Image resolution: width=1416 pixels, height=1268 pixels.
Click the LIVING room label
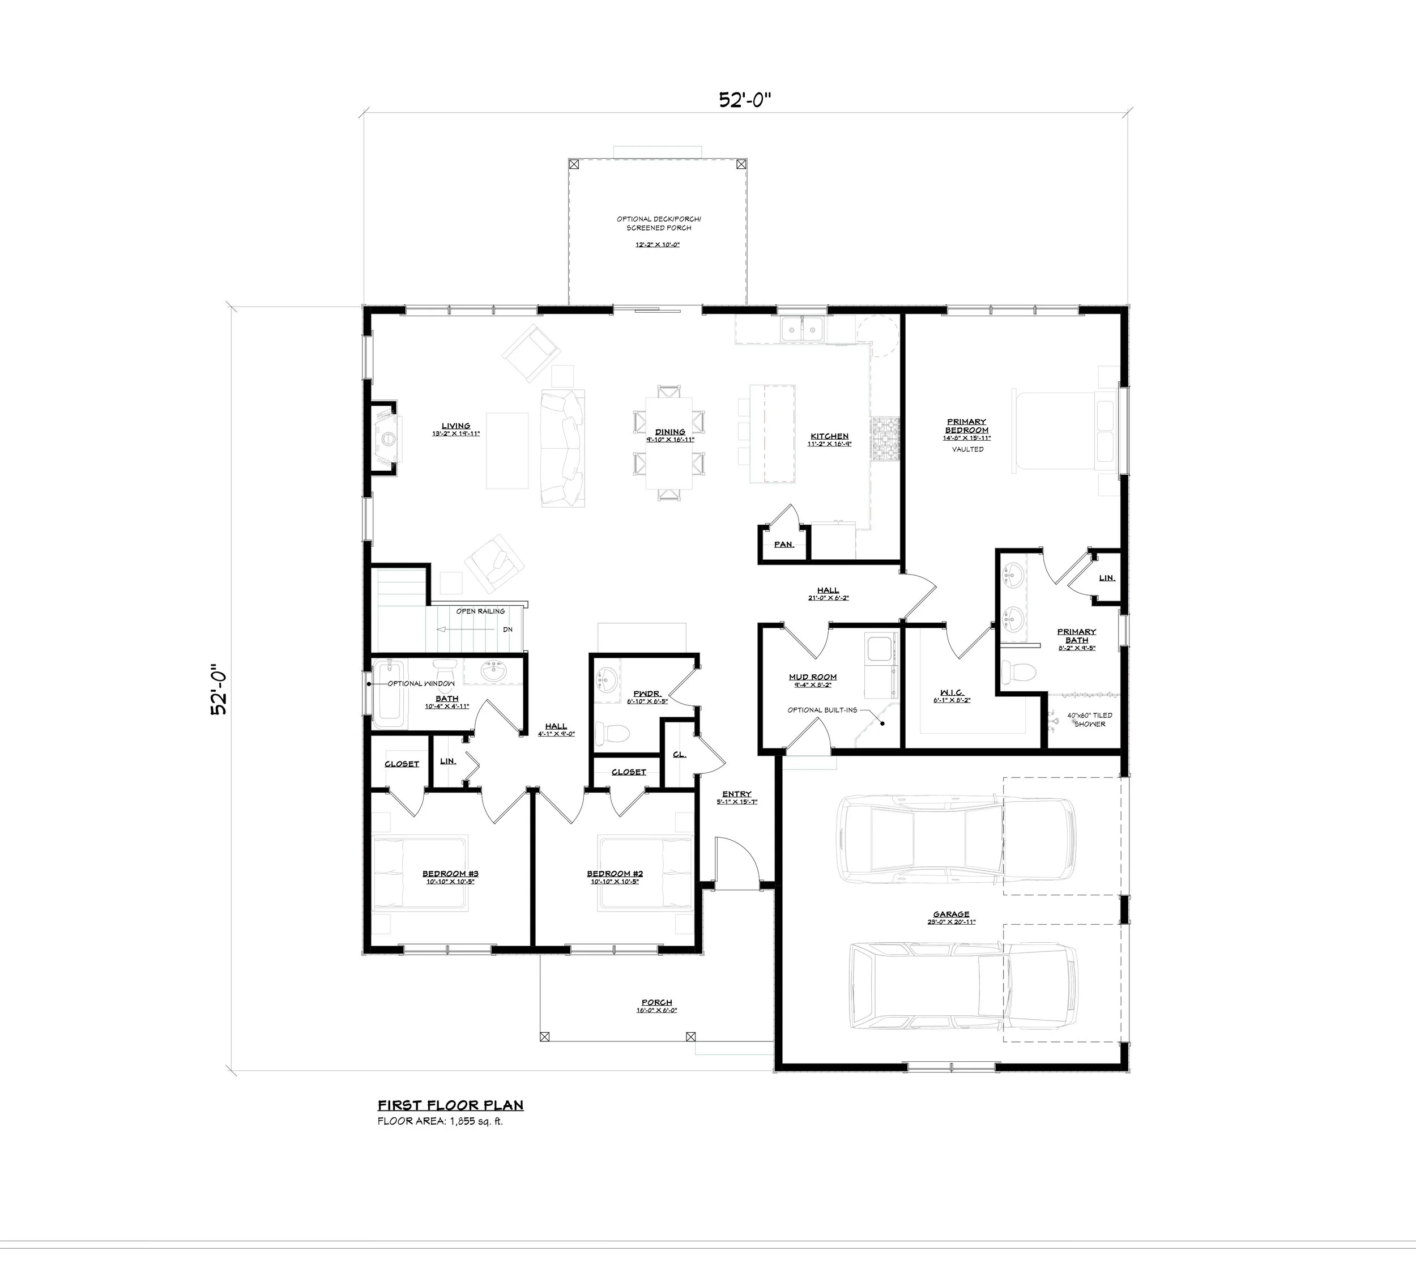455,425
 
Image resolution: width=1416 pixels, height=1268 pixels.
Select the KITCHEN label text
829,436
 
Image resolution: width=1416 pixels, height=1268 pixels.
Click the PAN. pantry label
783,544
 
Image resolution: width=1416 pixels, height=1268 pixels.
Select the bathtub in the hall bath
389,691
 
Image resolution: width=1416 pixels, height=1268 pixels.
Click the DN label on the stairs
507,629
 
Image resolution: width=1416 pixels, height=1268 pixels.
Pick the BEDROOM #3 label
450,874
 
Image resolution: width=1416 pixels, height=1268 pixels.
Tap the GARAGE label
951,914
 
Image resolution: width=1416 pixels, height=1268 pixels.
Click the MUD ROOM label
812,676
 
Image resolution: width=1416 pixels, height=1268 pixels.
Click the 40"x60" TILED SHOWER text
1089,719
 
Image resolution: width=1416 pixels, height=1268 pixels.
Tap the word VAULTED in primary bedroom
967,449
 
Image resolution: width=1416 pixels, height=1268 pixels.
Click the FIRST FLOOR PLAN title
450,1105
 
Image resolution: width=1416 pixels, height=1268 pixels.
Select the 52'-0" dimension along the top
746,100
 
